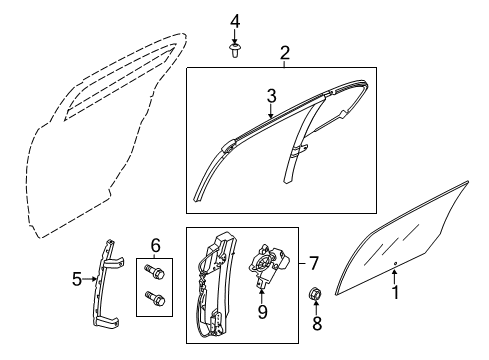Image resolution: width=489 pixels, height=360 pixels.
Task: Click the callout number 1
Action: (395, 293)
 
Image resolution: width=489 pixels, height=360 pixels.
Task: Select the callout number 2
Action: (285, 52)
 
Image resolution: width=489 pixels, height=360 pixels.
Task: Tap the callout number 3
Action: (270, 97)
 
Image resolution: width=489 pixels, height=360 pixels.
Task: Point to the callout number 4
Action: (235, 21)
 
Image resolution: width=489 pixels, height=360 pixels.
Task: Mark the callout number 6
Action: (155, 245)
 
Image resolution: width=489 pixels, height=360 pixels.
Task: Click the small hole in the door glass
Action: (396, 264)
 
